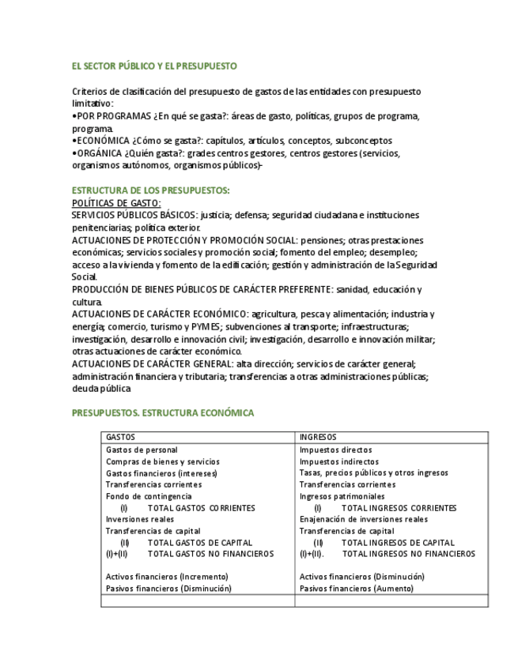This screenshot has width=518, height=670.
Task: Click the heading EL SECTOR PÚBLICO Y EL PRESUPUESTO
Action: click(154, 66)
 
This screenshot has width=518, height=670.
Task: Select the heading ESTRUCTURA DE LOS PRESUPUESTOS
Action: click(151, 190)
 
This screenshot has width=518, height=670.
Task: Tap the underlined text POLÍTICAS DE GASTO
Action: click(116, 203)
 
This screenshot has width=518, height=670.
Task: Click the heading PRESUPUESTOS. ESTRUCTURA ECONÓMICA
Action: click(163, 412)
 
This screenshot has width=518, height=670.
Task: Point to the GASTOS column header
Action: click(120, 437)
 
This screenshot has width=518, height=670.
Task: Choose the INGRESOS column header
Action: click(318, 437)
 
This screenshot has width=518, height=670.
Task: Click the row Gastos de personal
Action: click(142, 450)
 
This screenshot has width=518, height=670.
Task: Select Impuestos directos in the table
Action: click(335, 450)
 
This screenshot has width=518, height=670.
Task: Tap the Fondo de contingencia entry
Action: click(149, 496)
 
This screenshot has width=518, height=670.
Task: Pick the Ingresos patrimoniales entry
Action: click(342, 496)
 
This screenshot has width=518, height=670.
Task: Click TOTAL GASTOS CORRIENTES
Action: click(201, 508)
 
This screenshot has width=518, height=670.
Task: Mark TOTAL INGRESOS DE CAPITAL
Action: click(398, 543)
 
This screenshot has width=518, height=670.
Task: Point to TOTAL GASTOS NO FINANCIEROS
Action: click(210, 554)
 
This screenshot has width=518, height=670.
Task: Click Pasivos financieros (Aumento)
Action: click(356, 589)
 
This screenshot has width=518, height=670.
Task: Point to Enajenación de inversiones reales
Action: click(364, 519)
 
